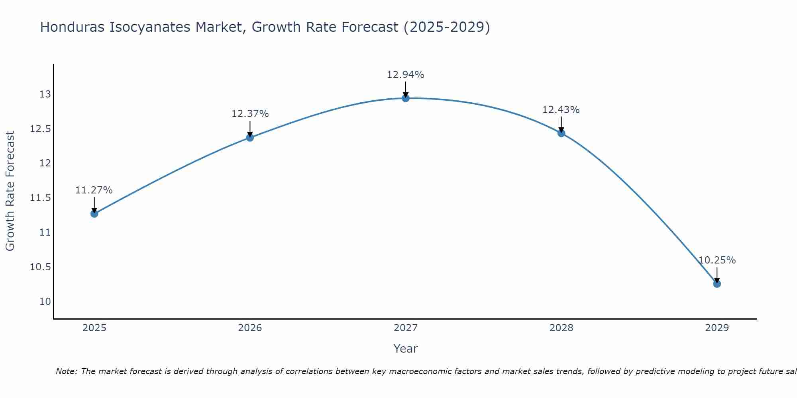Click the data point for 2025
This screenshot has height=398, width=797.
pyautogui.click(x=94, y=214)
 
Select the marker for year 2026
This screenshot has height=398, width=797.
pyautogui.click(x=250, y=138)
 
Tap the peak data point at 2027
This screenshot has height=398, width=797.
pyautogui.click(x=406, y=98)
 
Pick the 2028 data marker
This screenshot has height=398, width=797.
pyautogui.click(x=561, y=133)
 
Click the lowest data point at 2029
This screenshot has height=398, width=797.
pyautogui.click(x=717, y=284)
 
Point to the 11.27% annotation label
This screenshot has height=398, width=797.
pyautogui.click(x=94, y=190)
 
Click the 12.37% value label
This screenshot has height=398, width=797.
pyautogui.click(x=250, y=114)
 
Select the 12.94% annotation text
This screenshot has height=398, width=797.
pyautogui.click(x=406, y=75)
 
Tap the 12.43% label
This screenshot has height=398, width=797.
pyautogui.click(x=561, y=110)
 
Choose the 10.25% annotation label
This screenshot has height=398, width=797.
pyautogui.click(x=717, y=260)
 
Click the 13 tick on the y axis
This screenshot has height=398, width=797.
pyautogui.click(x=45, y=94)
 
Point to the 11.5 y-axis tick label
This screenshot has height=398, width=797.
pyautogui.click(x=41, y=198)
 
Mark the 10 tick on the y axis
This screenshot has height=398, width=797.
pyautogui.click(x=45, y=301)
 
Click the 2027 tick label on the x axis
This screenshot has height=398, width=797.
pyautogui.click(x=406, y=328)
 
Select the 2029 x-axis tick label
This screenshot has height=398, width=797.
pyautogui.click(x=717, y=328)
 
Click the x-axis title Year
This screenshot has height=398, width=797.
pyautogui.click(x=406, y=349)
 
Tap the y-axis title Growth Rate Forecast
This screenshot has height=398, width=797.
pyautogui.click(x=10, y=191)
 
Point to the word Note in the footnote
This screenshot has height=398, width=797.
pyautogui.click(x=67, y=371)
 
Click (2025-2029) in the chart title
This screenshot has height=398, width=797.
pyautogui.click(x=447, y=27)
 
